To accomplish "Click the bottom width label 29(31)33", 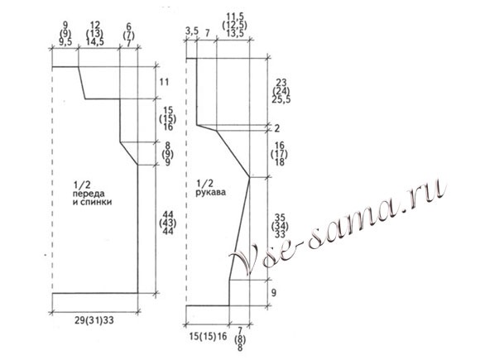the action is [x=94, y=320].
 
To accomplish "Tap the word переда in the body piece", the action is [x=89, y=194].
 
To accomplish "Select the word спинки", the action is [x=96, y=203].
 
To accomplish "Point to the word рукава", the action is [x=210, y=193].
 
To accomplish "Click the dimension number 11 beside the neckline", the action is [x=164, y=82].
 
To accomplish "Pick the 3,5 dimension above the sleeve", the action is [x=192, y=31].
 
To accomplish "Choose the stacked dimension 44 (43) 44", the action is [x=168, y=223].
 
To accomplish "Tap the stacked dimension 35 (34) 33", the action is [x=280, y=226].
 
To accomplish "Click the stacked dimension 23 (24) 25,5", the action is [x=281, y=91].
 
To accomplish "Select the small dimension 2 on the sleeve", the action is [x=276, y=128].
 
